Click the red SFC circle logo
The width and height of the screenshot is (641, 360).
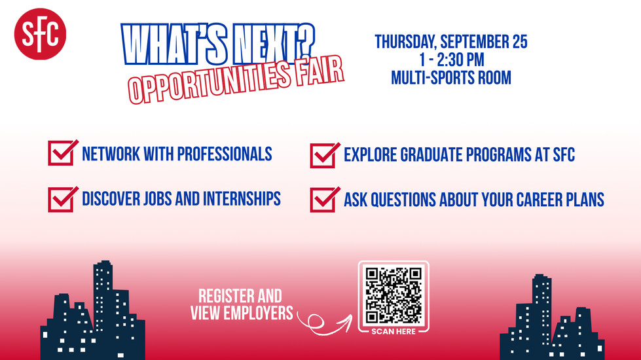40,34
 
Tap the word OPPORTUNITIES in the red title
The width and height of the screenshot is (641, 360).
210,83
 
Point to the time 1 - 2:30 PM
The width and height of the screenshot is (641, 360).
451,60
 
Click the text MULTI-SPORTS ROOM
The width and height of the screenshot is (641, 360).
451,78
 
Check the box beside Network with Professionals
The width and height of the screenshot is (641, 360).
62,153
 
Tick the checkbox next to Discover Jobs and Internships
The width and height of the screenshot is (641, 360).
62,199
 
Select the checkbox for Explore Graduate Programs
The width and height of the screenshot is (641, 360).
324,155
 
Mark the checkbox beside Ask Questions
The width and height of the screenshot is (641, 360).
324,200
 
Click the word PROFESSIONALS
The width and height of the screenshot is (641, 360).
225,154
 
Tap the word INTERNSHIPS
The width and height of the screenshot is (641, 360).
242,198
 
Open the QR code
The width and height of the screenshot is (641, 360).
394,295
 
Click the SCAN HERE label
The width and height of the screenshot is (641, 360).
394,331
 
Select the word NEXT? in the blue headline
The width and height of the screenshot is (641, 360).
274,44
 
